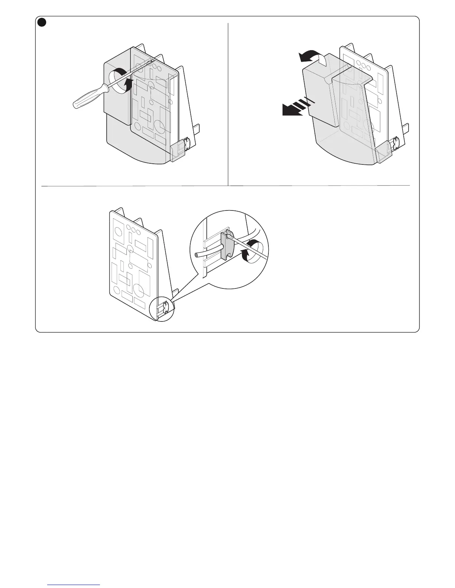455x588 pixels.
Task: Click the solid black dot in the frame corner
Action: click(42, 23)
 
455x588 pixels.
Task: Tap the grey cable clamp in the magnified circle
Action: click(227, 245)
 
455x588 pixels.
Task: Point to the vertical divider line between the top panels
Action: click(228, 104)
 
